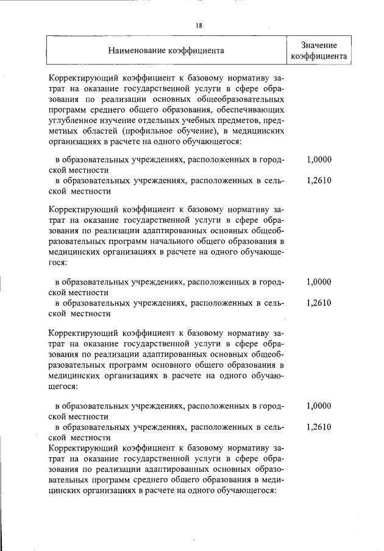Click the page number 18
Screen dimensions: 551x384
coord(199,26)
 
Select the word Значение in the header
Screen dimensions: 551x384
coord(319,45)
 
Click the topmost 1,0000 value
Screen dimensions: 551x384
coord(319,160)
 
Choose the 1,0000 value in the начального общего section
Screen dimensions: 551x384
coord(319,283)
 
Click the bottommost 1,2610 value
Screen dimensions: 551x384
coord(319,427)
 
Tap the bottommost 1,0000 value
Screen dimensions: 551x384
coord(319,405)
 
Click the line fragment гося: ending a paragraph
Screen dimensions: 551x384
coord(57,264)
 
